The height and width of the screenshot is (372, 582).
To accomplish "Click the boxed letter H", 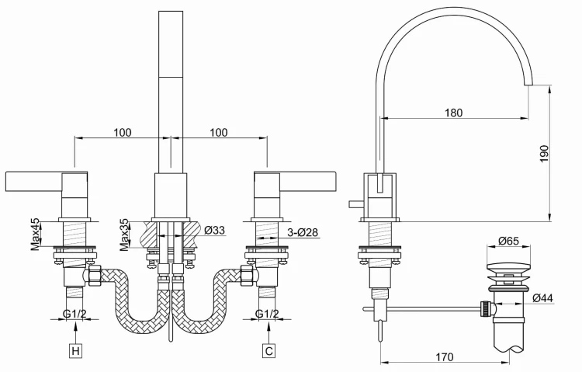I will (75, 352).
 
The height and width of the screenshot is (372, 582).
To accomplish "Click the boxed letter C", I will (268, 352).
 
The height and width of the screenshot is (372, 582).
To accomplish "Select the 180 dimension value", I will (454, 113).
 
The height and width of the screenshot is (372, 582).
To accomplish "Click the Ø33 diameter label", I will (214, 230).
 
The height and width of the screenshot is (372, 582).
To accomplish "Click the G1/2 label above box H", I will (74, 314).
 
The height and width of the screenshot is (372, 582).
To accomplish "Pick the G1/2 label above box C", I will (268, 314).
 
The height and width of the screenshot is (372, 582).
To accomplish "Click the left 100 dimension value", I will (122, 132).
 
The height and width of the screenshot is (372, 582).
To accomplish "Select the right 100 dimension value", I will (218, 132).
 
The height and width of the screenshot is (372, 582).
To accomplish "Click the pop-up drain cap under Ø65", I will (508, 268).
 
